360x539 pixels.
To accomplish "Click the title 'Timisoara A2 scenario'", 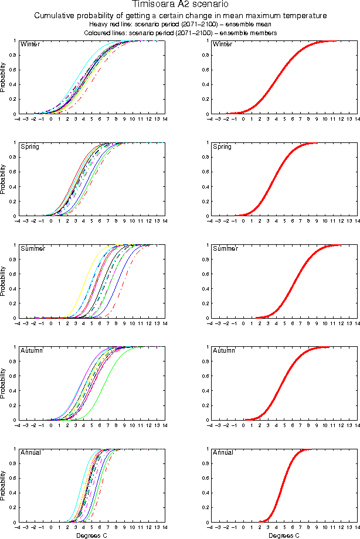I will click(179, 5).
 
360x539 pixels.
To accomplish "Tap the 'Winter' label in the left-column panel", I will click(30, 44).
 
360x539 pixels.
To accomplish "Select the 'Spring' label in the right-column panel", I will click(222, 146).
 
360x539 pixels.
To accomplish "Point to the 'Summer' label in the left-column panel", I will click(33, 248).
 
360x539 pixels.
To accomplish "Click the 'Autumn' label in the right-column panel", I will click(223, 350).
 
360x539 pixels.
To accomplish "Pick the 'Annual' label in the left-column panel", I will click(30, 453).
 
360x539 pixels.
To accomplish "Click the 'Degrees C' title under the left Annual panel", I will click(92, 535).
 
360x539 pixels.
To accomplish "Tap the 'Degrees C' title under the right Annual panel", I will click(284, 535).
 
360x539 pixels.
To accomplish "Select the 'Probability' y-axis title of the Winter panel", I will click(5, 77).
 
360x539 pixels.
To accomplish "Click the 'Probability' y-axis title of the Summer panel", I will click(5, 282).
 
